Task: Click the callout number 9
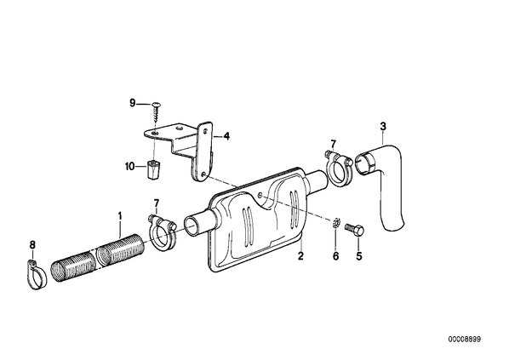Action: pyautogui.click(x=132, y=103)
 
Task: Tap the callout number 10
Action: pyautogui.click(x=129, y=167)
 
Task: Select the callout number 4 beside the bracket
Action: pyautogui.click(x=226, y=136)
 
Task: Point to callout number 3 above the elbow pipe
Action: pyautogui.click(x=383, y=126)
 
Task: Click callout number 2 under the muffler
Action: pyautogui.click(x=300, y=256)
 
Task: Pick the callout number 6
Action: pyautogui.click(x=335, y=256)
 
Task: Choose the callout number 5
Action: pyautogui.click(x=358, y=256)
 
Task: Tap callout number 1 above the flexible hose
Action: pyautogui.click(x=120, y=216)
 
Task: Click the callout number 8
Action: pyautogui.click(x=32, y=245)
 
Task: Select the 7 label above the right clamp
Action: pyautogui.click(x=334, y=144)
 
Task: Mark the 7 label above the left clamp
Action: pyautogui.click(x=157, y=203)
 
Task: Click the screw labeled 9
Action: pyautogui.click(x=156, y=112)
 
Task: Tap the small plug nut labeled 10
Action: pyautogui.click(x=152, y=169)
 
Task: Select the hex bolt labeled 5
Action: pyautogui.click(x=355, y=229)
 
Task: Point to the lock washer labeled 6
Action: pyautogui.click(x=336, y=223)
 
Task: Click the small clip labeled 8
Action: pyautogui.click(x=36, y=275)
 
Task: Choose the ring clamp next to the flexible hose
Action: pyautogui.click(x=163, y=233)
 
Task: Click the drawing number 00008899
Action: pyautogui.click(x=465, y=340)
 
